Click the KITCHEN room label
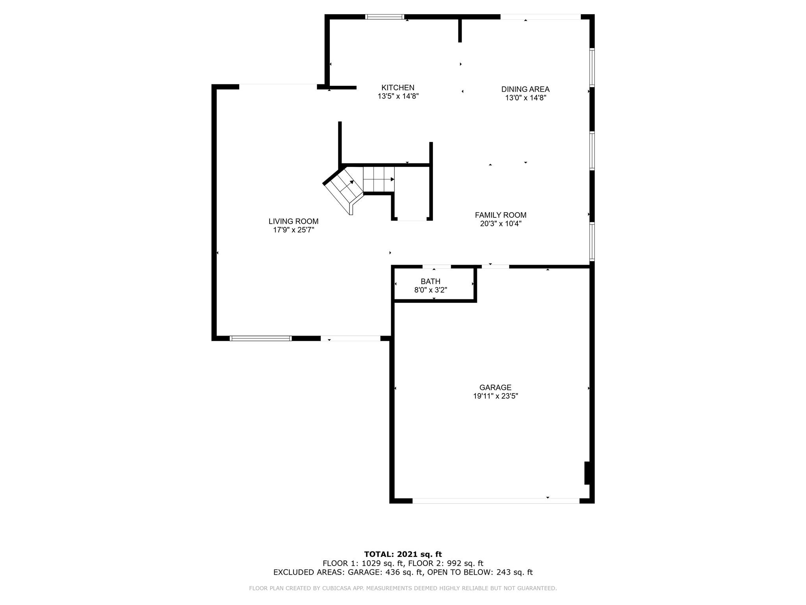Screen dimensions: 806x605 tap(398, 87)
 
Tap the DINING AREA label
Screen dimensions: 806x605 tap(525, 89)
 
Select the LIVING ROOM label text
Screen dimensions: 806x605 tap(294, 221)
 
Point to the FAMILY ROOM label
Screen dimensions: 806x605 tap(501, 215)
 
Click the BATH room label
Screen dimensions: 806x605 tap(431, 281)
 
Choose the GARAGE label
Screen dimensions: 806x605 tap(495, 388)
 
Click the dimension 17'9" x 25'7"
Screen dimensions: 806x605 tap(294, 230)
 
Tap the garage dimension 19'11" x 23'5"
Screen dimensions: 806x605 tap(495, 396)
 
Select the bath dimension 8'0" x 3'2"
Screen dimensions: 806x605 tap(431, 290)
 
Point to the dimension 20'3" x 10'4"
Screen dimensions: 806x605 tap(501, 224)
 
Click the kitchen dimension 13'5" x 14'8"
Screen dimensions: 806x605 tap(398, 96)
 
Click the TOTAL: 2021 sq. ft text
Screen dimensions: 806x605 tap(403, 554)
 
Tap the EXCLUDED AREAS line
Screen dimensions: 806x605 tap(403, 572)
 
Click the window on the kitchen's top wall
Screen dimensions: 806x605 tap(385, 17)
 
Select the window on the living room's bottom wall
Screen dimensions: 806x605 tap(261, 338)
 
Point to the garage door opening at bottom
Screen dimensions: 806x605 tap(496, 501)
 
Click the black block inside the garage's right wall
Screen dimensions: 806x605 tap(587, 473)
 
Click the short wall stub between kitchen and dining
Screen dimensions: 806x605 tap(460, 30)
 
